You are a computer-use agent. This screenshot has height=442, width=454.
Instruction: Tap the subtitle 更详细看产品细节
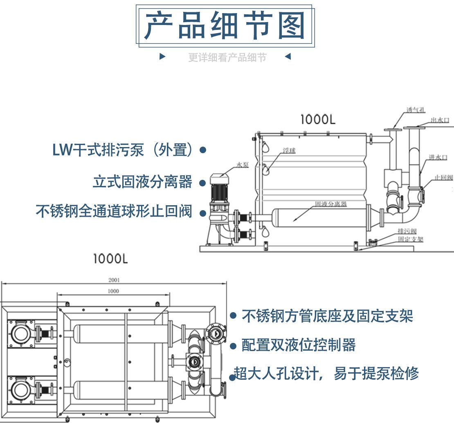coord(227,58)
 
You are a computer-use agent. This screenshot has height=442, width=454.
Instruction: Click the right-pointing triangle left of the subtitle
coord(162,57)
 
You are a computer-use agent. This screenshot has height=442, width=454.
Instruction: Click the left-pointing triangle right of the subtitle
coord(288,57)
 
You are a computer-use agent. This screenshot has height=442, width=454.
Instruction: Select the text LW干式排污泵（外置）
coord(123,150)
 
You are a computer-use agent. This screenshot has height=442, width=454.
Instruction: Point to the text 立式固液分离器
coord(142,181)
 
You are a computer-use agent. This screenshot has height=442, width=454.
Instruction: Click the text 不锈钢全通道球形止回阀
coord(114,211)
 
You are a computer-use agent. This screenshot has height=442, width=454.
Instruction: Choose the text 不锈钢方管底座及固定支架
coord(327,316)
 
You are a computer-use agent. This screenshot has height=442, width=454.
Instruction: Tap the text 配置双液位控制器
coord(299,345)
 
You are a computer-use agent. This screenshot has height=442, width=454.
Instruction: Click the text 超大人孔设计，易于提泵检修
coord(326,374)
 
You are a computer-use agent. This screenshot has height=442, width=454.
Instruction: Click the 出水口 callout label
coord(440,120)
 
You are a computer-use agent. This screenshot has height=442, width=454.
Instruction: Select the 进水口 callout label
coord(438,157)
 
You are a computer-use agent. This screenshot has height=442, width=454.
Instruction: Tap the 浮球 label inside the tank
coord(289,151)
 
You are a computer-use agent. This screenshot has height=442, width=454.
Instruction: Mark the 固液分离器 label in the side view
coord(330,204)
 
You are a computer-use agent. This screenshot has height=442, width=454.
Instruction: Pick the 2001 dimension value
coord(114,281)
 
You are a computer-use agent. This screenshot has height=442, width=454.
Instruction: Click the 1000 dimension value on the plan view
coord(113,291)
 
